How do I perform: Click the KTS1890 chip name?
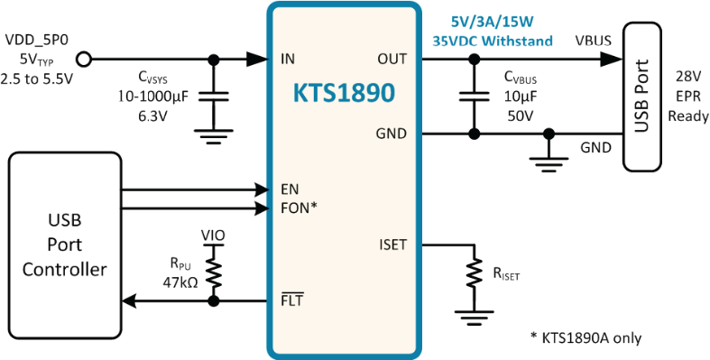click(x=344, y=93)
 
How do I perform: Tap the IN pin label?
click(x=288, y=59)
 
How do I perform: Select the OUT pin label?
click(x=392, y=59)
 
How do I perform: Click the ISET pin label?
click(x=393, y=245)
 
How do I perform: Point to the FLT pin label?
click(x=292, y=300)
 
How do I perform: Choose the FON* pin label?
click(x=299, y=208)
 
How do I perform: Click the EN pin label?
click(x=290, y=189)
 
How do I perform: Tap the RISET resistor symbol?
click(x=475, y=272)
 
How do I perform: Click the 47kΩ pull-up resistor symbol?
click(x=214, y=272)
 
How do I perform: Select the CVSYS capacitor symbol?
click(x=212, y=97)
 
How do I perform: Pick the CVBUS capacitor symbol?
click(x=475, y=97)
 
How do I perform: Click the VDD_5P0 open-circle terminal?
click(x=84, y=59)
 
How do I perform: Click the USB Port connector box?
click(x=642, y=96)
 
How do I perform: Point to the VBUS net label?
click(x=594, y=41)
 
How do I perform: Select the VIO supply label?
click(x=213, y=235)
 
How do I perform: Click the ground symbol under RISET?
click(x=475, y=318)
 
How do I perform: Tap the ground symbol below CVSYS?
click(x=213, y=136)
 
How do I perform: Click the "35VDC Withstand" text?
click(x=493, y=41)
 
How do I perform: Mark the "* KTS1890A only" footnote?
click(x=586, y=337)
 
